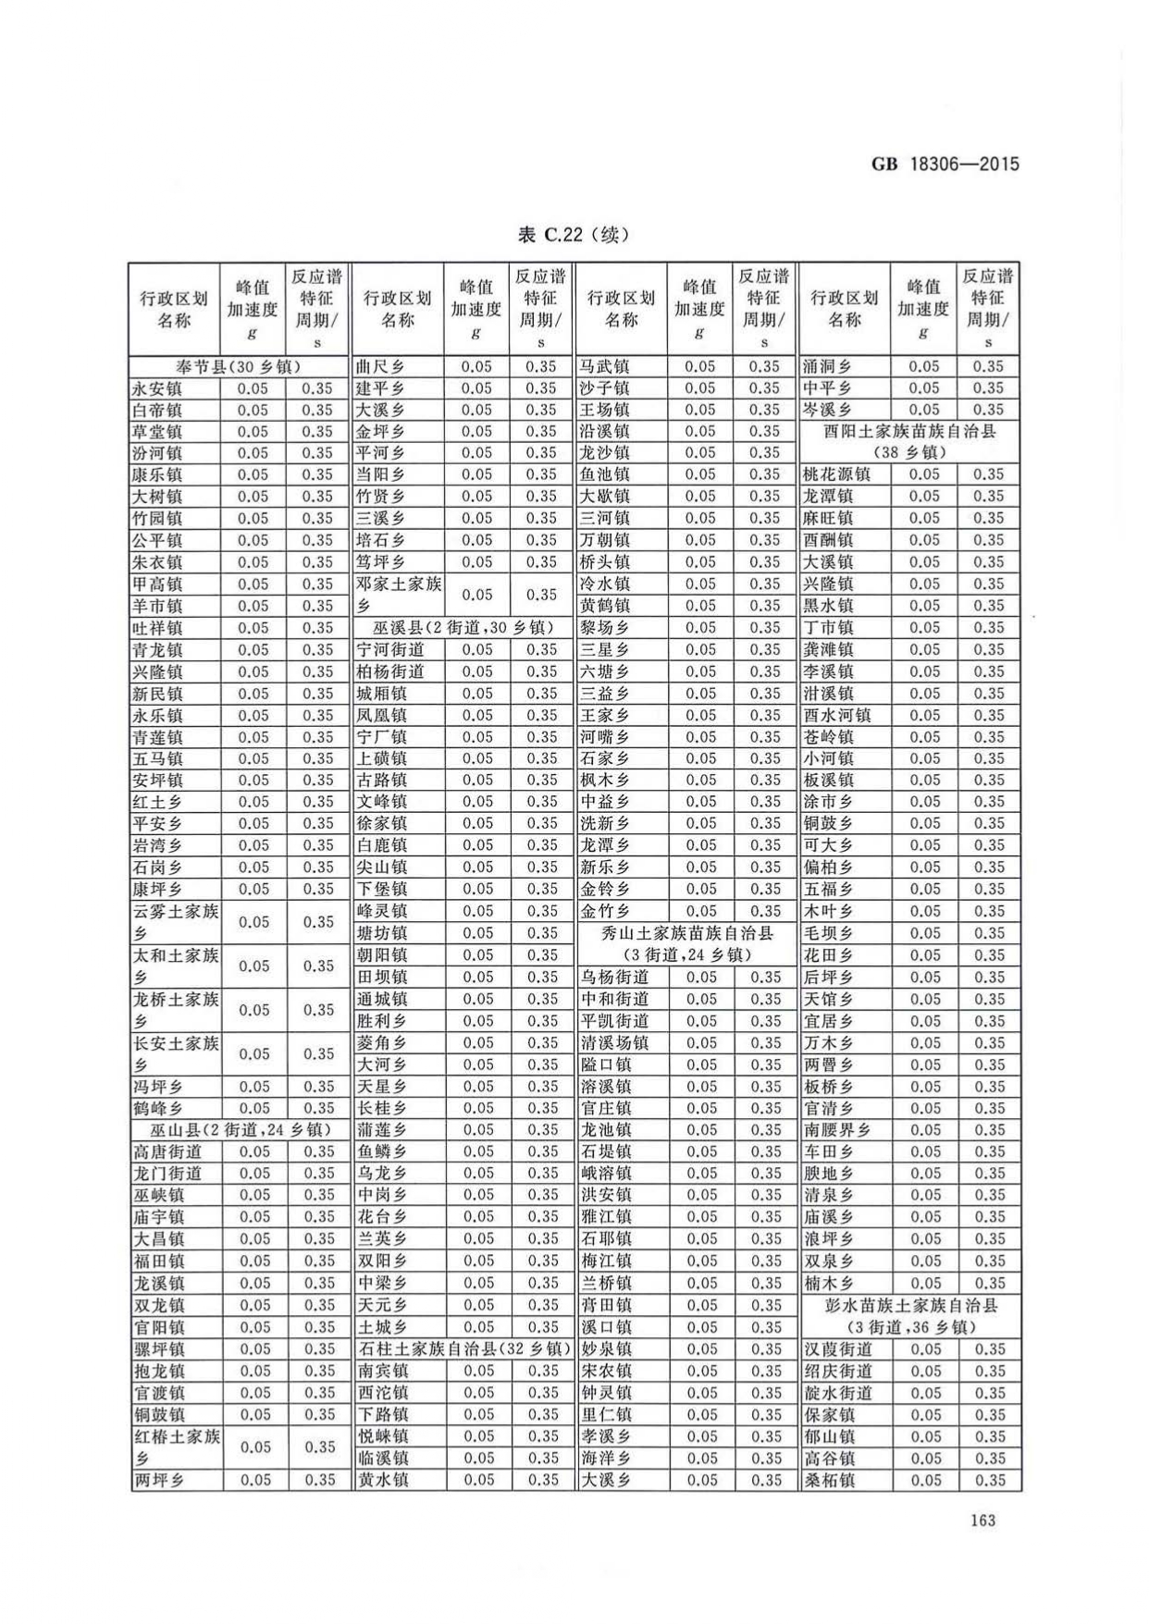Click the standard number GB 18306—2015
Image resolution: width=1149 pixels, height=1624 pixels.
[x=945, y=164]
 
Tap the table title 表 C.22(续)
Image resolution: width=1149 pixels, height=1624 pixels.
[x=574, y=235]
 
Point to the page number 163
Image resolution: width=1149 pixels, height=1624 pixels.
[x=982, y=1519]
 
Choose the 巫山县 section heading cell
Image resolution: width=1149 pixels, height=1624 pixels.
[x=240, y=1130]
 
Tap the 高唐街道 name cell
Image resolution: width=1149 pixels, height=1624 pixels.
[x=167, y=1151]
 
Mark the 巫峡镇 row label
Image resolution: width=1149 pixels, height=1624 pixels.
[x=158, y=1195]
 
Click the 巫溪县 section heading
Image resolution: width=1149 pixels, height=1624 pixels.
[x=463, y=628]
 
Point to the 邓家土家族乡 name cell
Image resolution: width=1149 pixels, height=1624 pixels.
[x=399, y=595]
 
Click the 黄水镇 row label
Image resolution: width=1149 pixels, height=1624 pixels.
[x=383, y=1480]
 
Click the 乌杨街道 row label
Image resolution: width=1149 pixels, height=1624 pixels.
[x=614, y=977]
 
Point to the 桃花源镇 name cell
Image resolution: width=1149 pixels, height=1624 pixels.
[x=836, y=474]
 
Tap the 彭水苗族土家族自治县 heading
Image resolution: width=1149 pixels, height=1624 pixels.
[x=910, y=1316]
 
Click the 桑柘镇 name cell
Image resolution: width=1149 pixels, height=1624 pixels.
[x=829, y=1480]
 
